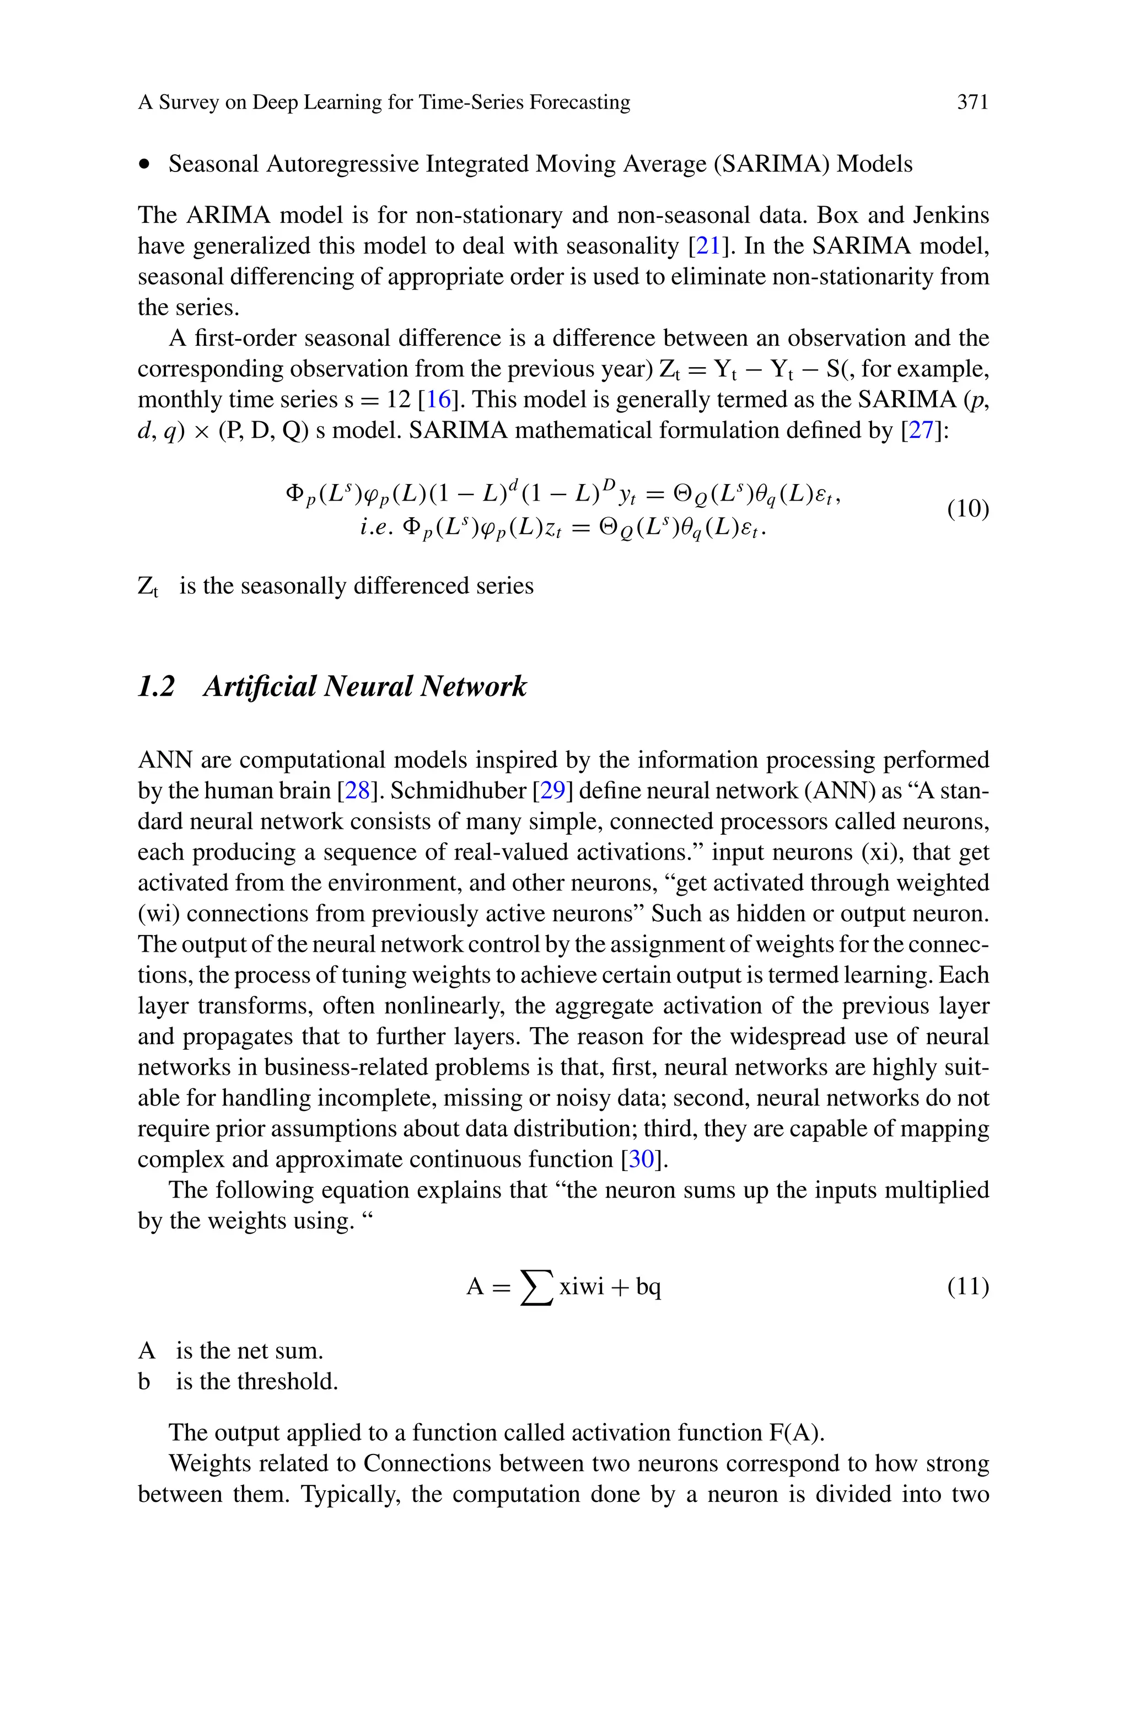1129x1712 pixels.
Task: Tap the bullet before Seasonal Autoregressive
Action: pos(146,165)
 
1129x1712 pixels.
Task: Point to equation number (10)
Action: pos(967,509)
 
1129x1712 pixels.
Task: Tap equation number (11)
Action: pos(967,1286)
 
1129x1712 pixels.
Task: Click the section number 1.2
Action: pos(156,686)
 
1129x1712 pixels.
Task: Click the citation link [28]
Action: pos(358,791)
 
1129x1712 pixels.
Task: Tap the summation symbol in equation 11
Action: pos(536,1287)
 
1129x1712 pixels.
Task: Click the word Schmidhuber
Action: pos(458,791)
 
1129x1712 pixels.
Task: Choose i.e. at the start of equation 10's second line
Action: pos(377,528)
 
